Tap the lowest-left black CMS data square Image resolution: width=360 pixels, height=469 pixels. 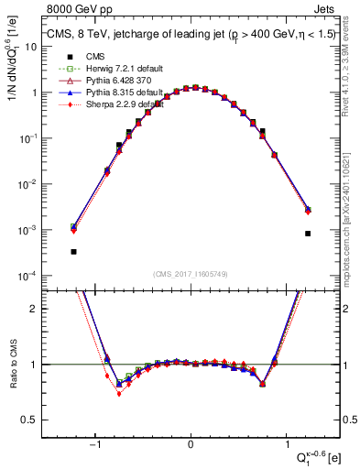pos(73,251)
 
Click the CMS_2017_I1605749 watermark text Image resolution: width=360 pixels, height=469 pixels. pos(191,274)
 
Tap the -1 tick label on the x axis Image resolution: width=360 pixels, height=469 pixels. pos(95,444)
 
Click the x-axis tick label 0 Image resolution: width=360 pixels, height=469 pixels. pos(191,444)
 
